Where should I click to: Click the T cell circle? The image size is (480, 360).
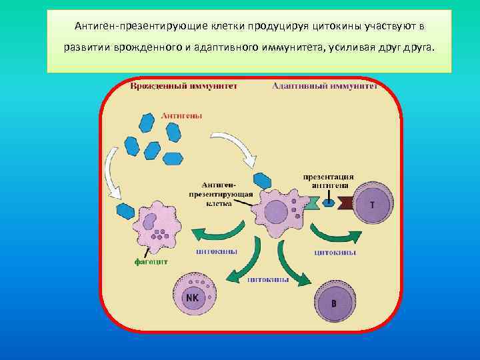(x=372, y=205)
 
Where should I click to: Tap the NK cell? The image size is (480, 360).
(x=193, y=297)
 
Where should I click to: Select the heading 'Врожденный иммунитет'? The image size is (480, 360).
(x=184, y=87)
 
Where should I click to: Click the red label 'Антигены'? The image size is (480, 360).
(x=181, y=115)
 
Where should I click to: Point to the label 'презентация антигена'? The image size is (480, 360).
(x=329, y=181)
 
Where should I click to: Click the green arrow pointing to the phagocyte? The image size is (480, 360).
(x=213, y=235)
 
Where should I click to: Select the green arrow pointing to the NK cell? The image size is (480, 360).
(x=240, y=263)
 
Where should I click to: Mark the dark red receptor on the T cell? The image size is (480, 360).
(x=347, y=203)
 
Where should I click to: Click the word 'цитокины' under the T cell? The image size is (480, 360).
(x=335, y=253)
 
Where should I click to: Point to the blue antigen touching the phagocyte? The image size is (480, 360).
(x=126, y=211)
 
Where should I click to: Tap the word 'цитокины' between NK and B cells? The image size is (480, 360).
(x=268, y=280)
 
